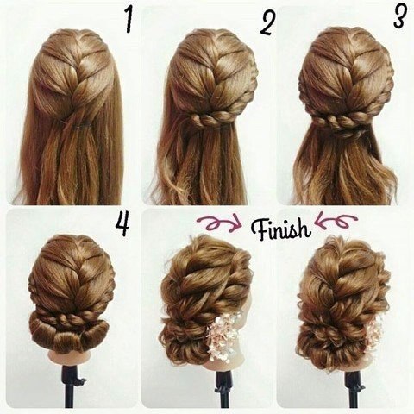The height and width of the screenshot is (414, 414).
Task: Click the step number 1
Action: (129, 20)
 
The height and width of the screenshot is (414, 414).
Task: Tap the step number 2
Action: (267, 23)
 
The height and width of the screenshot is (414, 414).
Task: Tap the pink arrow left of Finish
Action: (220, 223)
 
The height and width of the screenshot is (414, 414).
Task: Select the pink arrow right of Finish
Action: (336, 222)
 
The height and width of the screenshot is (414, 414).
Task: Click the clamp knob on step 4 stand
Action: (80, 381)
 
